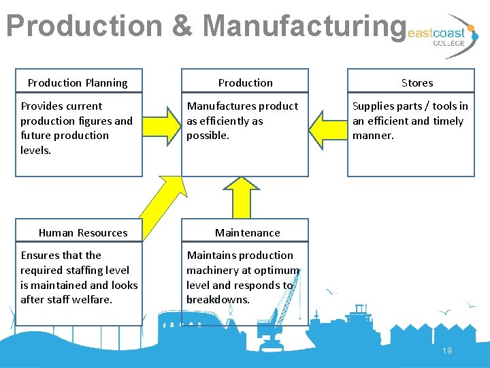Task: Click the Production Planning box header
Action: [78, 82]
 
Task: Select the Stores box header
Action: [416, 82]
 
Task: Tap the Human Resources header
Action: [83, 232]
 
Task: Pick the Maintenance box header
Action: [247, 232]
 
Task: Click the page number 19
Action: [447, 351]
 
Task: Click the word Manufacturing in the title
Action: [304, 26]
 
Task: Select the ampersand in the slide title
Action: [182, 26]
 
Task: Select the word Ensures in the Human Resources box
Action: [41, 256]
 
